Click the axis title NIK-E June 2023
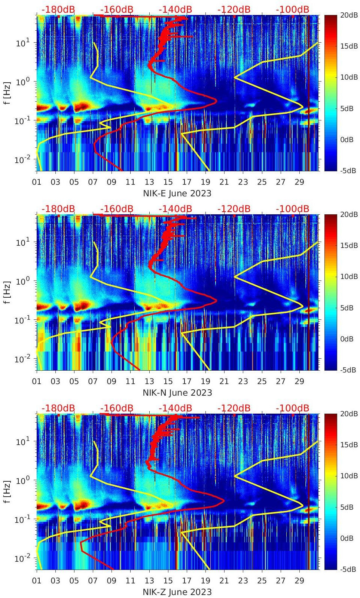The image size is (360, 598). coord(177,193)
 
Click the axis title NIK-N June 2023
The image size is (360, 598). coord(177,393)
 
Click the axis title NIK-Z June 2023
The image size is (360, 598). coord(177,592)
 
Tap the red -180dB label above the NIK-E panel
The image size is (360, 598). coord(58,9)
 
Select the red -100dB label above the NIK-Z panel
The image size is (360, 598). coord(292,408)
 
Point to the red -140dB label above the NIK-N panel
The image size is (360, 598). coord(175,209)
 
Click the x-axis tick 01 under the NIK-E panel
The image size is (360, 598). coord(37,182)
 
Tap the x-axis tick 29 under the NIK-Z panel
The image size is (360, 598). coord(299,581)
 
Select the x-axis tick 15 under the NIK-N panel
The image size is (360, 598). coord(168,381)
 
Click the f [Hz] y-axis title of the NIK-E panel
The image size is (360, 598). coord(7,93)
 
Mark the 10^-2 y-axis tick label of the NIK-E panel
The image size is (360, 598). coord(22,160)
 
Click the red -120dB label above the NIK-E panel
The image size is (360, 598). coord(234,9)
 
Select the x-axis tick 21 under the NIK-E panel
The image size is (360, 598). coord(224,182)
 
